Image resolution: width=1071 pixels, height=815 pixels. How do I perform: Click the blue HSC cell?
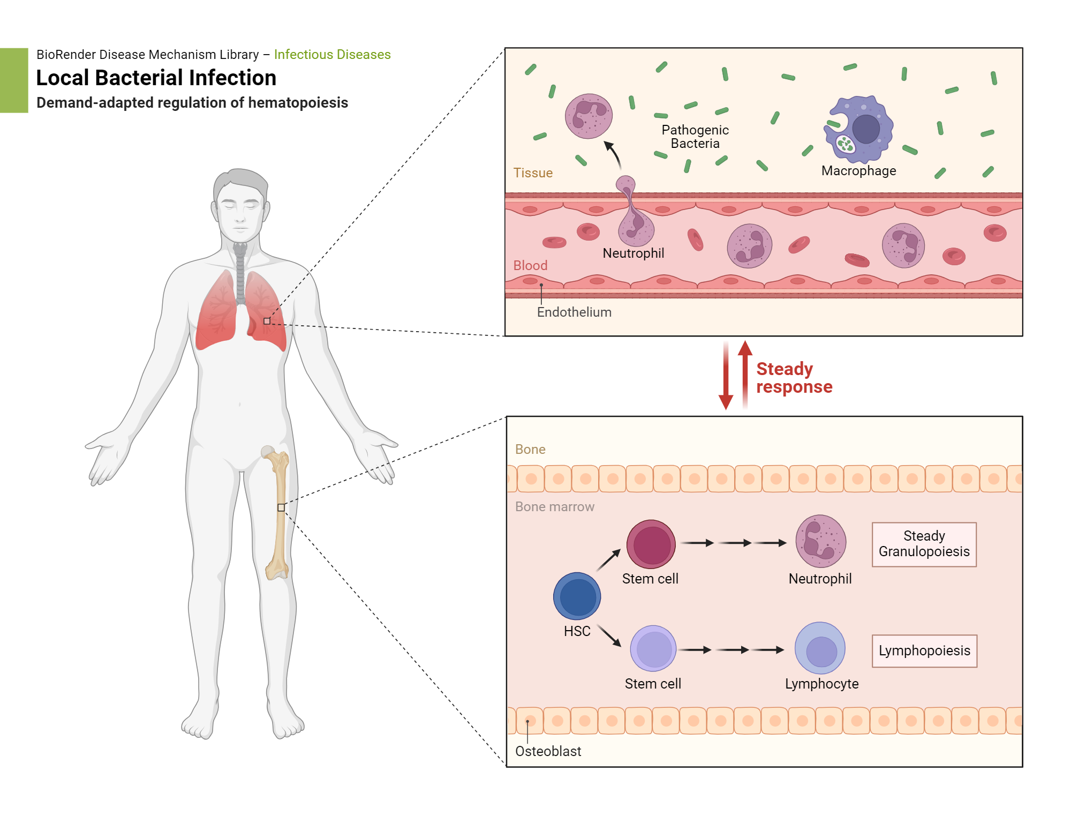[x=577, y=596]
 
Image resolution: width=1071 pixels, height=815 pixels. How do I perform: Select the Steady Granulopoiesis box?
[x=924, y=544]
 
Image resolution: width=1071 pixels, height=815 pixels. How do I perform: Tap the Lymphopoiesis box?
[x=924, y=650]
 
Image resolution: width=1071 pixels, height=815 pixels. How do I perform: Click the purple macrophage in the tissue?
[x=859, y=130]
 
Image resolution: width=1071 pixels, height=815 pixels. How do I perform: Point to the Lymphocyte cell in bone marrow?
[x=820, y=648]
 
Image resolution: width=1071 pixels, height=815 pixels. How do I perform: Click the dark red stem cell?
[x=651, y=544]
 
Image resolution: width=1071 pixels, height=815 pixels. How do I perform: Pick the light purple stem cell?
[x=653, y=648]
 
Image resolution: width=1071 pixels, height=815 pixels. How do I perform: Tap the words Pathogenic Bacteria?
[x=695, y=137]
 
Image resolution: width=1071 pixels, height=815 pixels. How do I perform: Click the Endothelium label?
[x=574, y=312]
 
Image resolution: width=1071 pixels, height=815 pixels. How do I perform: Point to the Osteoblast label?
[x=548, y=751]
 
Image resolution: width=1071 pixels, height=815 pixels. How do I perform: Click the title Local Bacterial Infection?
[x=156, y=78]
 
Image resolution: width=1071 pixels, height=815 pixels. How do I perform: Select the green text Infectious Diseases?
[x=332, y=55]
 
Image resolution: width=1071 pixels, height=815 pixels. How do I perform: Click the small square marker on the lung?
[x=267, y=321]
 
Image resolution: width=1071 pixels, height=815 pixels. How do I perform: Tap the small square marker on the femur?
[x=281, y=507]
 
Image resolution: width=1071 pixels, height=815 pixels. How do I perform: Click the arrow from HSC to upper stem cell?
[x=608, y=560]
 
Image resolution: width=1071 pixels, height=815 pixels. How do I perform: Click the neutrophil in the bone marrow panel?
[x=820, y=541]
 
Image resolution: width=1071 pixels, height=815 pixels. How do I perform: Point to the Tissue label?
[x=532, y=173]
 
